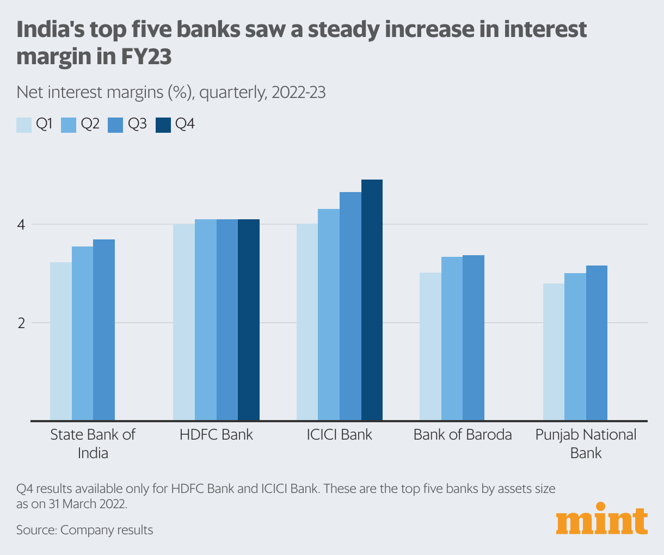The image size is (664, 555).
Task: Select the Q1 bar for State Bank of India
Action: tap(61, 341)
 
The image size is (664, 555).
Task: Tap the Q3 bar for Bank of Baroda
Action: tap(474, 337)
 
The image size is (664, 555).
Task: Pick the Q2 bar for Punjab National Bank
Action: tap(575, 347)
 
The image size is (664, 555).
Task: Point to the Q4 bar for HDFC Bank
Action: tap(249, 319)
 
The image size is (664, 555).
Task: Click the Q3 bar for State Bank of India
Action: tap(104, 330)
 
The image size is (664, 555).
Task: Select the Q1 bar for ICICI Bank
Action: tap(307, 322)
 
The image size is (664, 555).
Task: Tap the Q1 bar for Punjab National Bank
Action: tap(554, 351)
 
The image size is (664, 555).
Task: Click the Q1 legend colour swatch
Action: tap(24, 125)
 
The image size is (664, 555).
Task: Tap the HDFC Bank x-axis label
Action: tap(216, 435)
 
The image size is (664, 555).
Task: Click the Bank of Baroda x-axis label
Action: tap(463, 435)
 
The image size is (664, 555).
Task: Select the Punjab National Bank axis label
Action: tap(586, 443)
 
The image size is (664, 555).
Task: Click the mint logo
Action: tap(602, 521)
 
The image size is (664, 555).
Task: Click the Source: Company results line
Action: tap(84, 530)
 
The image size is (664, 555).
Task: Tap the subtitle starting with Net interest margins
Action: tap(171, 92)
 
